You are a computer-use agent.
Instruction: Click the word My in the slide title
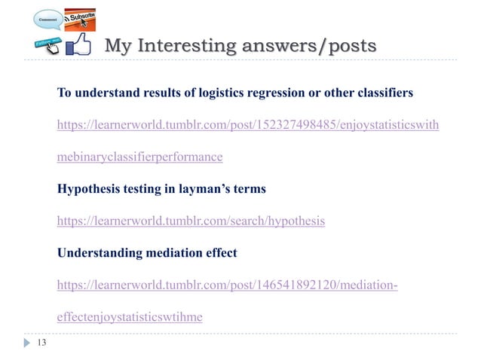117,47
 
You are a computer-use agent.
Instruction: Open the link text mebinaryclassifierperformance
140,157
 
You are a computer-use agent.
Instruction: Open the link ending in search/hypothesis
191,221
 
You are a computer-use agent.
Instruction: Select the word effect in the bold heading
219,252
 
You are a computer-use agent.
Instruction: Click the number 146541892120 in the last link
289,285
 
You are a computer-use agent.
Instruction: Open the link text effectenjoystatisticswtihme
130,317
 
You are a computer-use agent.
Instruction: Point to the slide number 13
41,343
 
